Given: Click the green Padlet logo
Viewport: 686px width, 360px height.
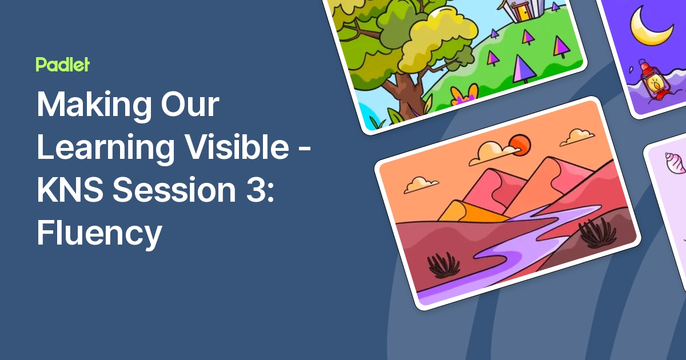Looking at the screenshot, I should point(62,65).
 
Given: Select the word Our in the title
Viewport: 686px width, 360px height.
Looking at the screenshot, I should point(188,106).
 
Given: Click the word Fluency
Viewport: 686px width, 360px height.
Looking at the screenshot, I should point(99,233).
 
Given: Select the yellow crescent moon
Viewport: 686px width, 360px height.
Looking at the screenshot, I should point(649,26).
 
